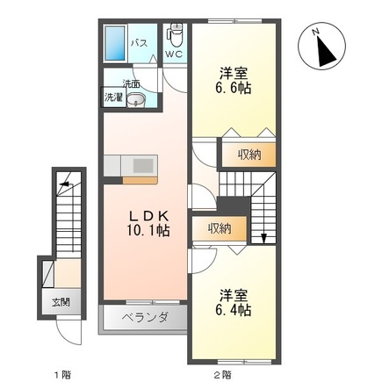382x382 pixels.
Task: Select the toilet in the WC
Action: click(x=174, y=37)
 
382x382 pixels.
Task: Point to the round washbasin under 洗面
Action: click(x=135, y=100)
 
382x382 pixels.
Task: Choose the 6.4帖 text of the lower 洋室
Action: click(x=234, y=310)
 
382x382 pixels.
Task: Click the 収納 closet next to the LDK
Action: click(x=220, y=228)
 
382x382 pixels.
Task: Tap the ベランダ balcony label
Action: click(x=145, y=316)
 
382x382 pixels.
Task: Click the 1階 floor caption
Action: click(x=61, y=373)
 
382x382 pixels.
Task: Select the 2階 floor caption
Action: click(x=223, y=373)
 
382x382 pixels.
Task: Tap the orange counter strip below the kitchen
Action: click(x=140, y=180)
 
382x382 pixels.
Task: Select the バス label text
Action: click(x=139, y=41)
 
